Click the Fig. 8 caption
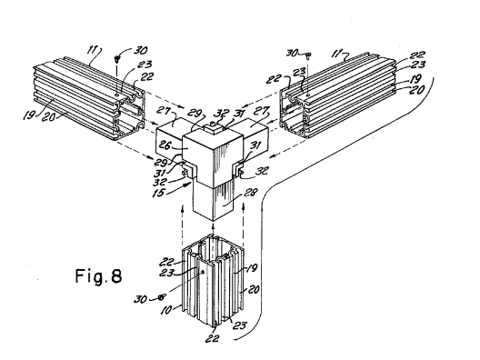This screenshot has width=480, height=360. click(x=98, y=275)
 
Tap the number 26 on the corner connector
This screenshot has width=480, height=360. click(x=165, y=145)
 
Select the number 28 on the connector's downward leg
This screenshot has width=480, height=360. click(x=250, y=193)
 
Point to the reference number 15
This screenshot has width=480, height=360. click(x=159, y=193)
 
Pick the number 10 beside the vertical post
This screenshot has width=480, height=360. click(x=166, y=310)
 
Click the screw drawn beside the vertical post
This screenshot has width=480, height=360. click(x=162, y=296)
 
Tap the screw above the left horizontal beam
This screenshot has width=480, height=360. click(x=116, y=58)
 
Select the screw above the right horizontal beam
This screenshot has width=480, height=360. click(x=308, y=55)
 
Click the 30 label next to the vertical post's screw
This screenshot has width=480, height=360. click(x=140, y=299)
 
